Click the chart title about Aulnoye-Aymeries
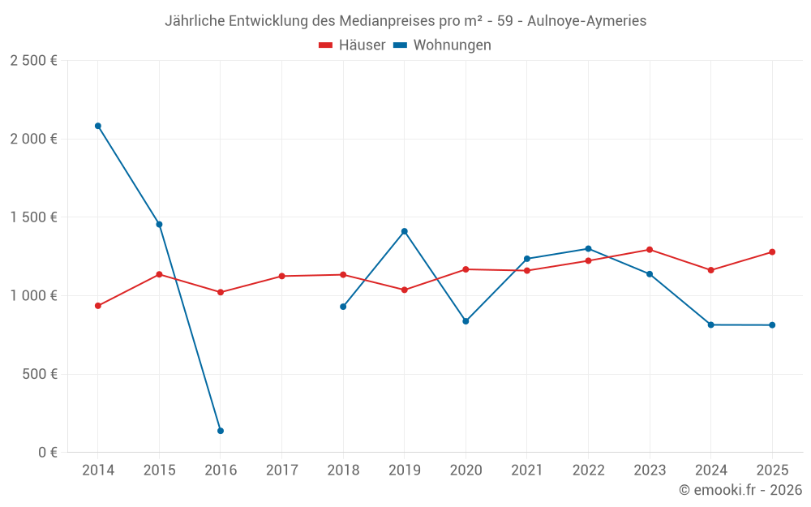[405, 21]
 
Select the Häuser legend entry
[352, 45]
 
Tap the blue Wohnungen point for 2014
[98, 126]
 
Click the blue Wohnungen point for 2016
[221, 431]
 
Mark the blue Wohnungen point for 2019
[405, 231]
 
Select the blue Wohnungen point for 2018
[343, 307]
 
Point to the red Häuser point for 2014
[98, 306]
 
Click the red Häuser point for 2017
[282, 276]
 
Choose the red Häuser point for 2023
[650, 249]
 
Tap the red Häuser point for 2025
[772, 251]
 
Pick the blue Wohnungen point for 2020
[466, 321]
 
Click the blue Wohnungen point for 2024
[711, 324]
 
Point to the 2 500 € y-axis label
[33, 61]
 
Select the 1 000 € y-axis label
[33, 296]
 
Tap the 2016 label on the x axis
[221, 470]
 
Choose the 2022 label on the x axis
[588, 470]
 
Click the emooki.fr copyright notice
[740, 490]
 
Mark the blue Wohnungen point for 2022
[588, 248]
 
